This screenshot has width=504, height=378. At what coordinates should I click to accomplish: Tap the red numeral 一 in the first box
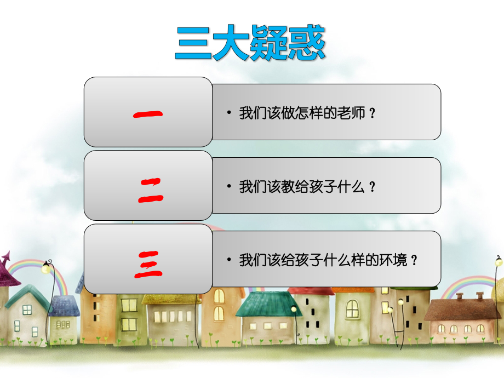(x=148, y=114)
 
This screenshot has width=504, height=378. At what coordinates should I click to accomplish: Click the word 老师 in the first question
(x=351, y=114)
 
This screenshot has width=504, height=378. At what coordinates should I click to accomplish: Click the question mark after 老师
(x=373, y=114)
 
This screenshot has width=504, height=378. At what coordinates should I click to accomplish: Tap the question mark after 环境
(x=414, y=260)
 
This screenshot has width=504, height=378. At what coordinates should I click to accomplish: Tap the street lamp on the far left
(x=47, y=268)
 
